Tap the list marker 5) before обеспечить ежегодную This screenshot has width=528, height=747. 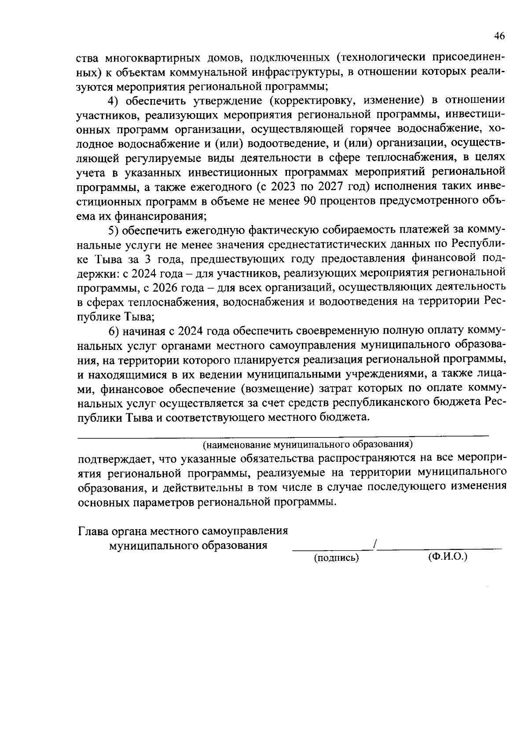pos(114,229)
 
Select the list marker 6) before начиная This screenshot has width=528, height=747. pos(114,330)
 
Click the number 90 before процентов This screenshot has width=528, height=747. pos(310,201)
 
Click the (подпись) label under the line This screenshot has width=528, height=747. pos(336,558)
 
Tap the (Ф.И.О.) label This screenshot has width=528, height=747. pos(447,556)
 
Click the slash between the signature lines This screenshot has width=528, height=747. pos(374,545)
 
